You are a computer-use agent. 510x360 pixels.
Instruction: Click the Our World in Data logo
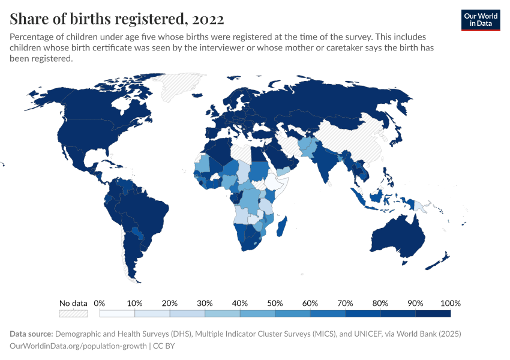(x=480, y=20)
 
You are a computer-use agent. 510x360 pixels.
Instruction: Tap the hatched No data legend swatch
(x=73, y=313)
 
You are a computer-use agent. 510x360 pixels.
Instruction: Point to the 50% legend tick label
(x=274, y=303)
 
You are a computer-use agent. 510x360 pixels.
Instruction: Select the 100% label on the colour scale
(x=450, y=303)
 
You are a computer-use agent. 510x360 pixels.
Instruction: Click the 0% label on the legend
(x=100, y=303)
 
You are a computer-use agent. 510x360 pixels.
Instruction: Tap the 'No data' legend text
(x=73, y=303)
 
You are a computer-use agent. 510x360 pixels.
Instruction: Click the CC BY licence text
(x=163, y=346)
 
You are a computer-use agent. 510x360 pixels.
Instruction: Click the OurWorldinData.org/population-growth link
(x=78, y=346)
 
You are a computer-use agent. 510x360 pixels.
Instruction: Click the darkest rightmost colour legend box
(x=433, y=313)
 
